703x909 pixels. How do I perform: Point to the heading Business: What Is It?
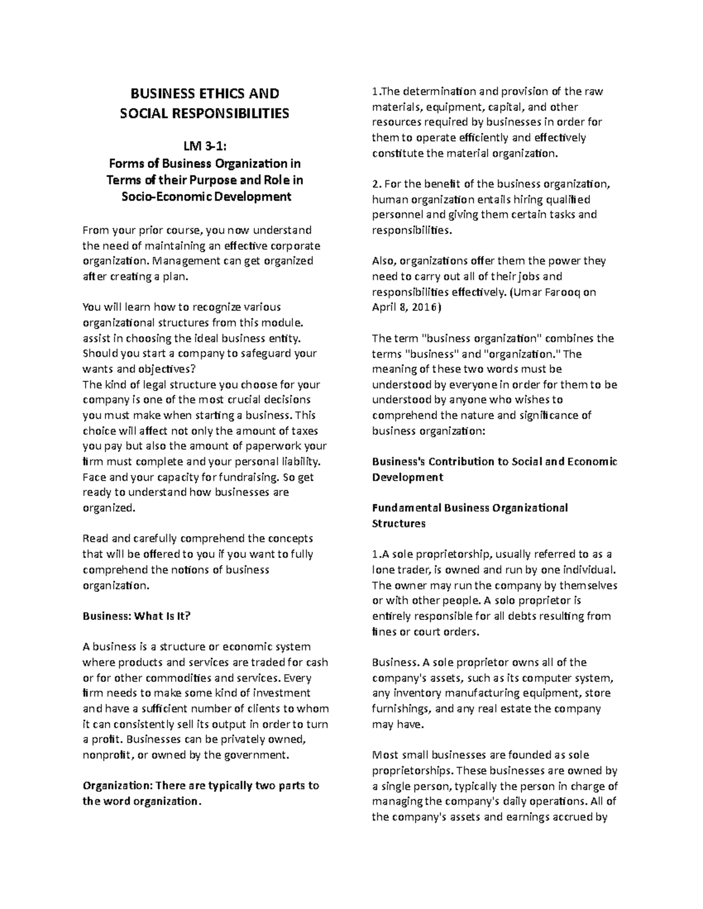pyautogui.click(x=137, y=616)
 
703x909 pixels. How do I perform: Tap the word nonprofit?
pyautogui.click(x=107, y=754)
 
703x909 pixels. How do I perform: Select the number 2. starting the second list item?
pyautogui.click(x=376, y=184)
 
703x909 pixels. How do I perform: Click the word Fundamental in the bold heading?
pyautogui.click(x=406, y=507)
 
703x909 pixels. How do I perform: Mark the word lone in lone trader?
pyautogui.click(x=383, y=570)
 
